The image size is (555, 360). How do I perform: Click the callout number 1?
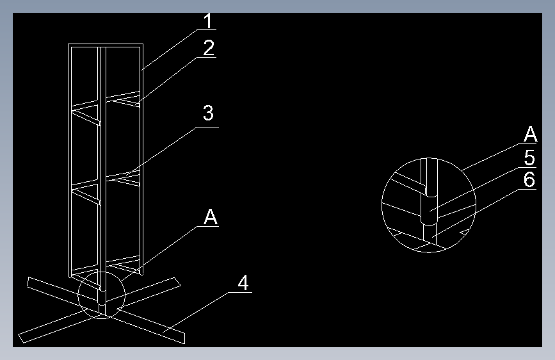209,21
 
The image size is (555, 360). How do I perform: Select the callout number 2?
209,48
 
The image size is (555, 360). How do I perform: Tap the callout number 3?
209,113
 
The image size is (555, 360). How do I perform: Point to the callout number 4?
243,283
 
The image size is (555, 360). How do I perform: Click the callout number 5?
529,158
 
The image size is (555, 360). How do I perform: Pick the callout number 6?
529,179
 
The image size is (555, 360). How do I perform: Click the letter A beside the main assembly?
211,217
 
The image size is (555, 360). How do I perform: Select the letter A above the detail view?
530,135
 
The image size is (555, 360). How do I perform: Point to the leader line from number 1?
169,49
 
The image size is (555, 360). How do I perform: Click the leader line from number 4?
195,312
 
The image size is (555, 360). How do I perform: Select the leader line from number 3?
161,151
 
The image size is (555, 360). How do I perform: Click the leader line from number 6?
476,213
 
